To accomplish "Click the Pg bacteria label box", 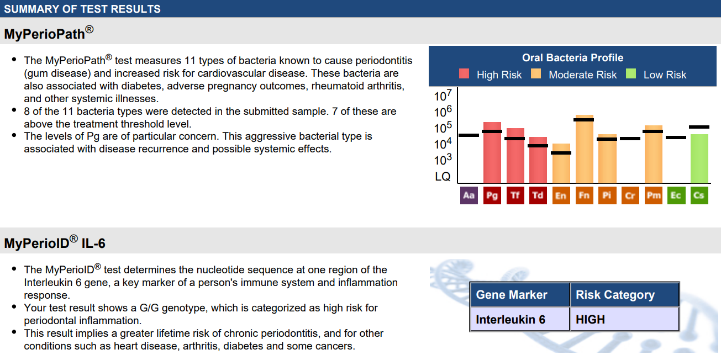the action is (492, 195).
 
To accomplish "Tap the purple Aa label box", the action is (469, 195).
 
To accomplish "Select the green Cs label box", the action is (699, 195).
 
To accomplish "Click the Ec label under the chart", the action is (676, 195).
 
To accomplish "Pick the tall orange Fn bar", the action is (584, 149).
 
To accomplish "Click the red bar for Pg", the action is (492, 152).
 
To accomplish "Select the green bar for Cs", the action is (699, 158).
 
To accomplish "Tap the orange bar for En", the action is (561, 163).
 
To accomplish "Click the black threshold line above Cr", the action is (630, 139).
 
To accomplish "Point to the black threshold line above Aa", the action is (469, 135).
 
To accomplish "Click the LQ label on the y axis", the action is (443, 176).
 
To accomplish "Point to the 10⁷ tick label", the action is (443, 96).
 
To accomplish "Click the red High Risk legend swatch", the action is (464, 73).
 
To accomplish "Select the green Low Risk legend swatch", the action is (631, 73).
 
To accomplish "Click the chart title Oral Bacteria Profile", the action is (572, 57).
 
